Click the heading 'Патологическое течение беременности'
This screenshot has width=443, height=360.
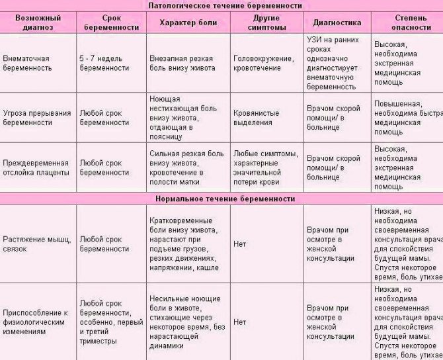tap(225, 5)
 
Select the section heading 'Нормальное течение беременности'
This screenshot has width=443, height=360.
tap(225, 199)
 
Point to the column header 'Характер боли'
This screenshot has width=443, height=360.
tap(188, 22)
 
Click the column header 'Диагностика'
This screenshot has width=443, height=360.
tap(337, 22)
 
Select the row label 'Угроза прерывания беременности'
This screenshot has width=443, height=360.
tap(36, 118)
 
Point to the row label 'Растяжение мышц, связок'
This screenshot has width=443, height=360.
tap(36, 244)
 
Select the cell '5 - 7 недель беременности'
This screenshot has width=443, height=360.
tap(104, 64)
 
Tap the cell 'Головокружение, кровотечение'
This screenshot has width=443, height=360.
tap(263, 64)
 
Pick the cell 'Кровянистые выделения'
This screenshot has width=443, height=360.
tap(255, 118)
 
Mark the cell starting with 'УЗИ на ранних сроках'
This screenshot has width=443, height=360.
tap(334, 63)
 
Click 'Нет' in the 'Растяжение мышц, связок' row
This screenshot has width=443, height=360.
tap(239, 244)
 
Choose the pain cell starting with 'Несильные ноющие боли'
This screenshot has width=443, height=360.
tap(187, 322)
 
